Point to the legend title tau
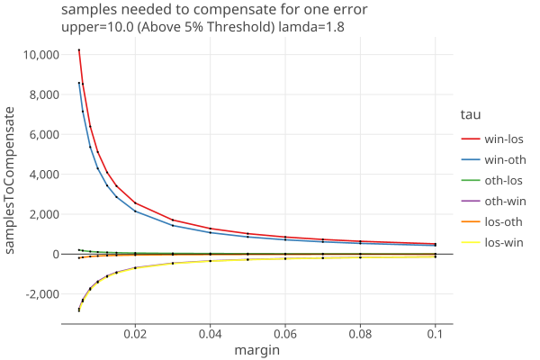point(469,114)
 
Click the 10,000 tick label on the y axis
point(39,55)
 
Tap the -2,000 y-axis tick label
point(39,294)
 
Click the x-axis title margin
point(256,350)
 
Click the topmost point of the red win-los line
point(79,49)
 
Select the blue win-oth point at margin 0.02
point(135,211)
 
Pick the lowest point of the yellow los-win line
point(79,310)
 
